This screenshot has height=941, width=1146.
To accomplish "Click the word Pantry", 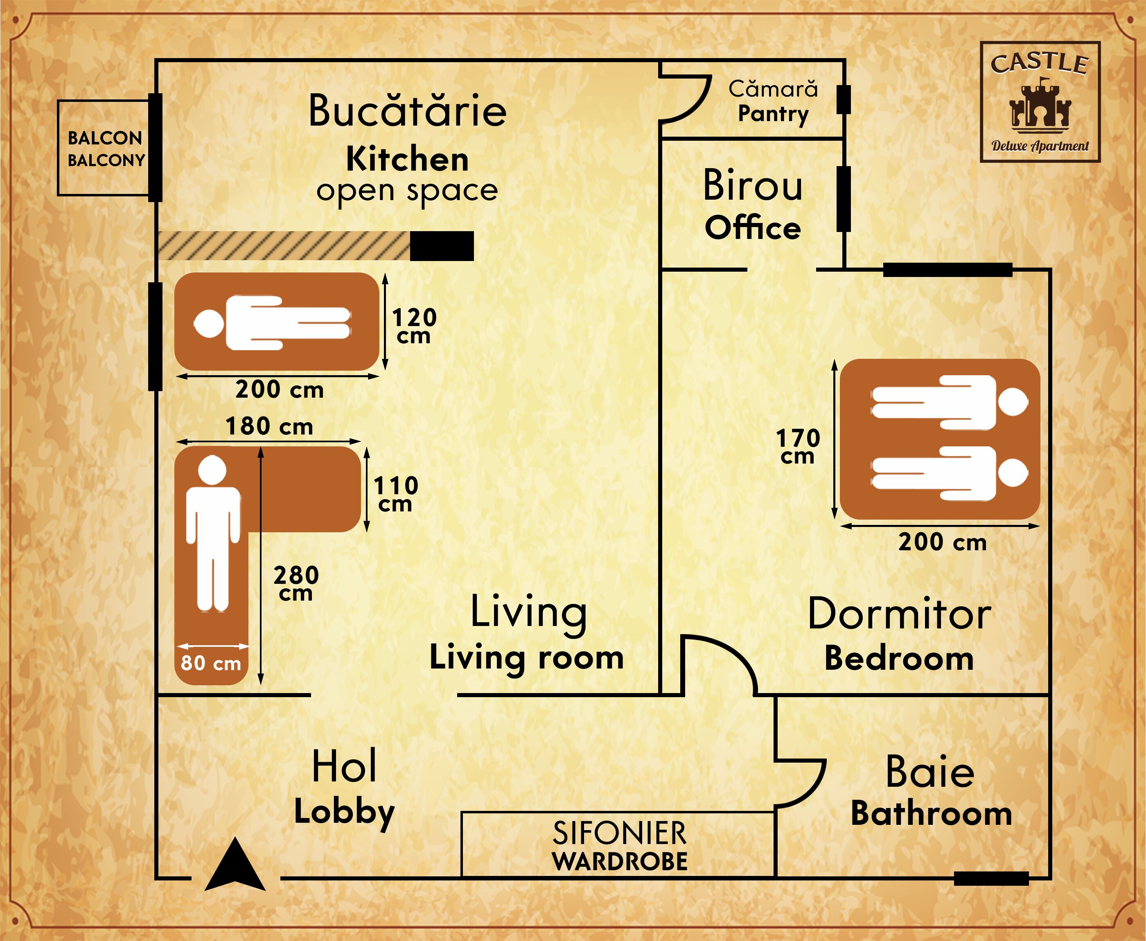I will (x=773, y=114).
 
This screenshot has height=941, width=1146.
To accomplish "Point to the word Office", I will (x=752, y=227).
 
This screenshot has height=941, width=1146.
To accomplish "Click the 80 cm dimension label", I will (x=210, y=663).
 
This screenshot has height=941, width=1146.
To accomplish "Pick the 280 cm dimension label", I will (x=296, y=584).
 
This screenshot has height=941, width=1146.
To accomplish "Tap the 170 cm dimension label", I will (x=797, y=446).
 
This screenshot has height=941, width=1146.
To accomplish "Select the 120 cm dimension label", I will (x=414, y=326).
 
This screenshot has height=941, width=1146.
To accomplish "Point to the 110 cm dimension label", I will (x=395, y=494).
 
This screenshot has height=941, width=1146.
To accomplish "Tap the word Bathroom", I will (x=931, y=814).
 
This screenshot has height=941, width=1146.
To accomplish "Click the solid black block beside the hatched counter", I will (x=441, y=246).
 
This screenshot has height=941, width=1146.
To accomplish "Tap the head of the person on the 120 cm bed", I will (x=209, y=324).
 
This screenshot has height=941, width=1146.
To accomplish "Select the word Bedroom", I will (x=899, y=659).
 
